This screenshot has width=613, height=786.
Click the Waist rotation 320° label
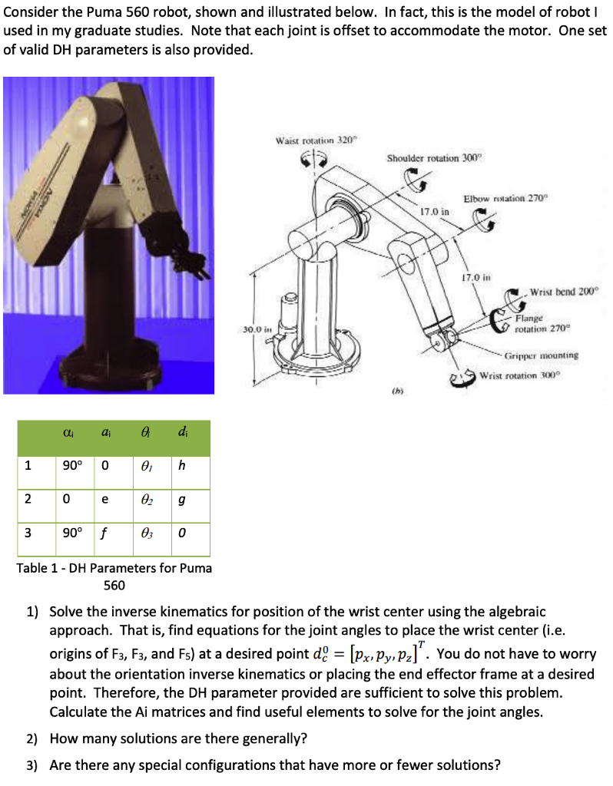[317, 140]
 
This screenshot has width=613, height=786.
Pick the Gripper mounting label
[542, 355]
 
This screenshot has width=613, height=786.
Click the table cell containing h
[181, 465]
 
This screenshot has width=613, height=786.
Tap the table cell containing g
[181, 499]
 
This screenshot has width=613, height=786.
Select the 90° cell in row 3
[68, 533]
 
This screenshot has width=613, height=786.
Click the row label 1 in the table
[28, 465]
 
